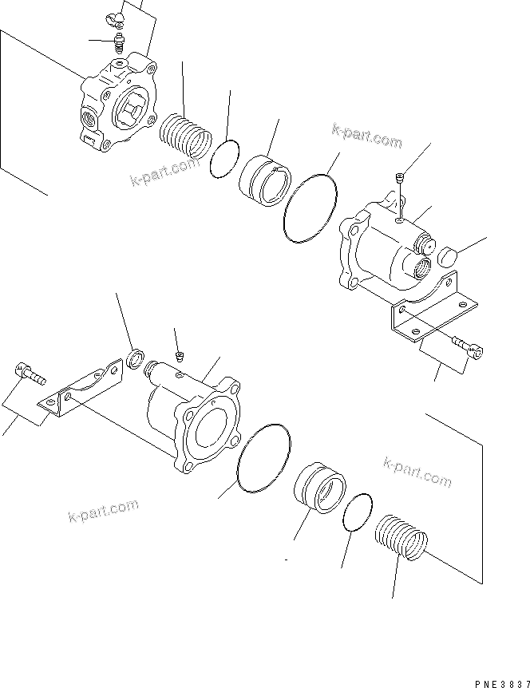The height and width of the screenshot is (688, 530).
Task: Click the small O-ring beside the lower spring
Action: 358,510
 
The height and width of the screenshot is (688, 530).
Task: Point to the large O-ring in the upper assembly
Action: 310,207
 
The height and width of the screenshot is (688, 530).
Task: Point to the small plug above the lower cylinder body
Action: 180,354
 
